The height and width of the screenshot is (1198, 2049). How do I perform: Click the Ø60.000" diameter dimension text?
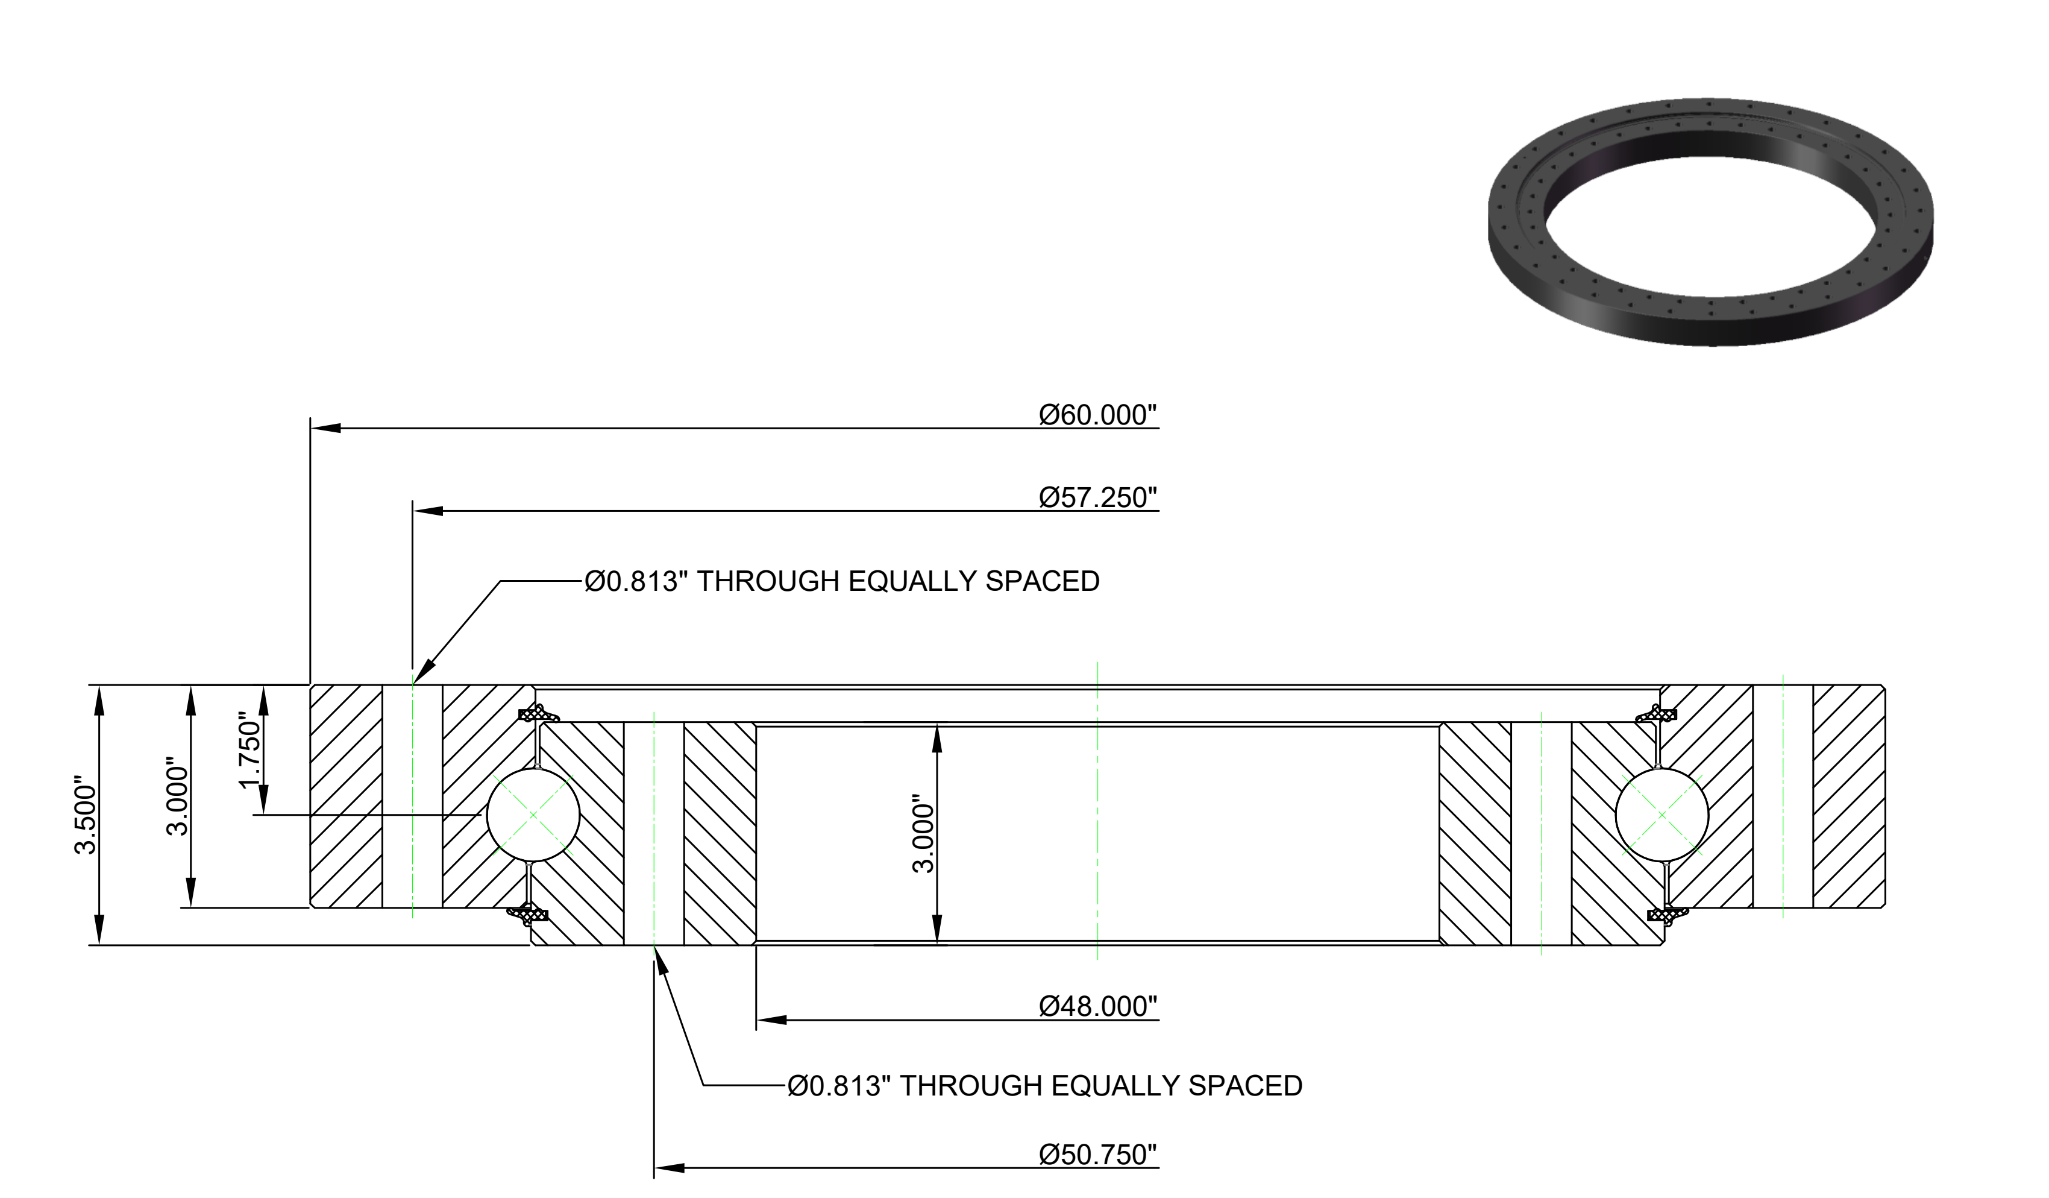[x=1097, y=415]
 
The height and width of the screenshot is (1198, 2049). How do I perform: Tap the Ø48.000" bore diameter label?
[x=1097, y=1007]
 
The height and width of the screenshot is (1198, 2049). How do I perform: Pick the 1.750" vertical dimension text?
[x=249, y=750]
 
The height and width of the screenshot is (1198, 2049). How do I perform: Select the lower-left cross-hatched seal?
[x=528, y=915]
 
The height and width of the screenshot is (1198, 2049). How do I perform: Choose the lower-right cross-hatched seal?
[x=1668, y=915]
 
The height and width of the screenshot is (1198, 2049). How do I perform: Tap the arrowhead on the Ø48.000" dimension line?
[x=771, y=1020]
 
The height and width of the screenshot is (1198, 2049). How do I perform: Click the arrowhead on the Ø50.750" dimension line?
[x=668, y=1168]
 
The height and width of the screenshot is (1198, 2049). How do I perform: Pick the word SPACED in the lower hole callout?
[x=1246, y=1086]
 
